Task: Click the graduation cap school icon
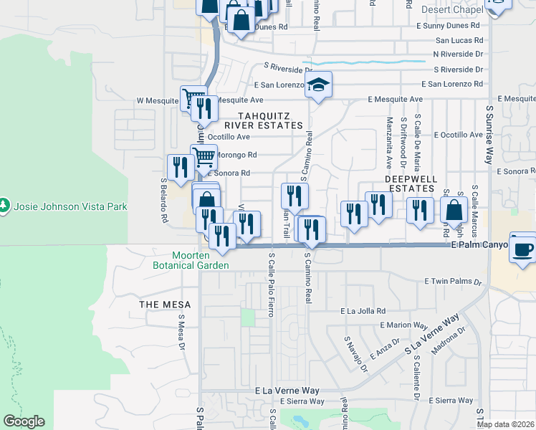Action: tap(318, 85)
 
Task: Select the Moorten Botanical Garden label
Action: tap(201, 260)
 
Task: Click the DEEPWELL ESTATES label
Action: tap(410, 183)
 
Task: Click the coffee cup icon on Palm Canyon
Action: tap(522, 247)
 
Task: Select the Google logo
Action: tap(24, 421)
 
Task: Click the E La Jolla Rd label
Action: tap(363, 311)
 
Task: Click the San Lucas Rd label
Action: tap(459, 40)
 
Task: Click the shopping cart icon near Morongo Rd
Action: tap(204, 156)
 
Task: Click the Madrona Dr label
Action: tap(449, 341)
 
